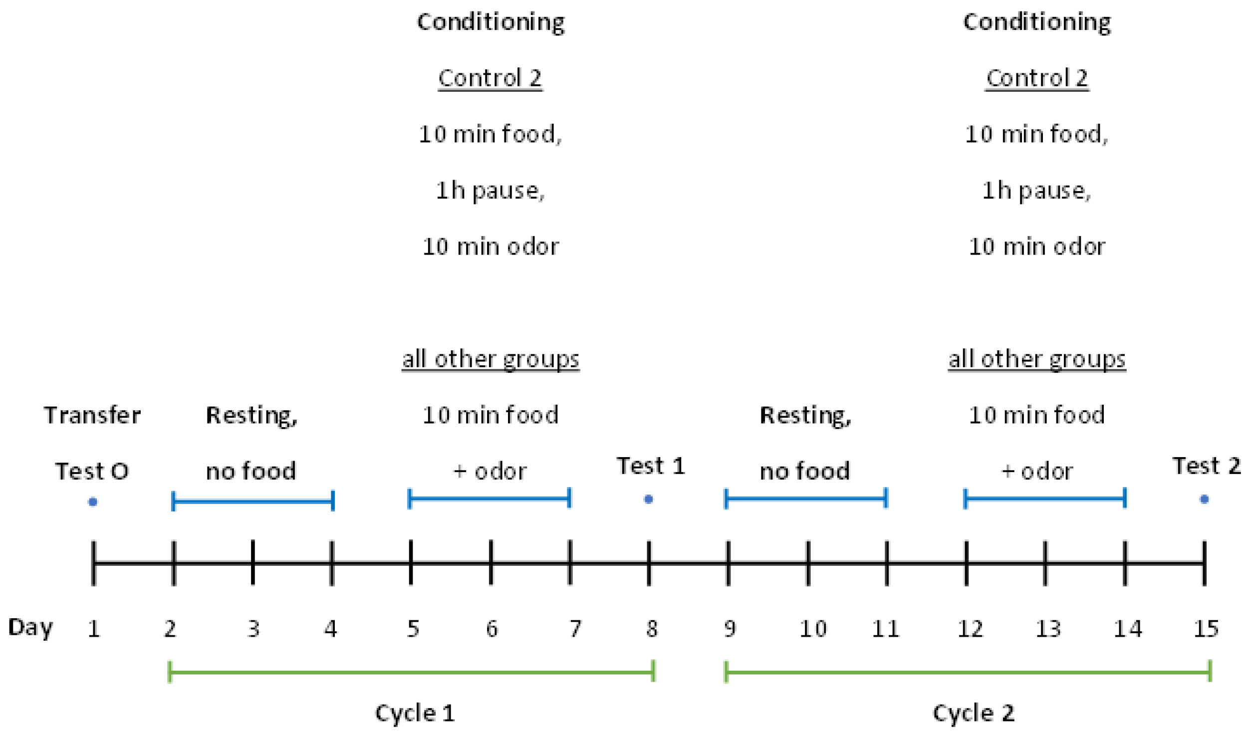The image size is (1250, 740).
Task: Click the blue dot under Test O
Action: click(x=92, y=501)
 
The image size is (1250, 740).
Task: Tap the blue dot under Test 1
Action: click(x=648, y=499)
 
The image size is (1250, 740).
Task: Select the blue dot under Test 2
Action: click(x=1204, y=499)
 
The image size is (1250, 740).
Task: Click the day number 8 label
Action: click(x=652, y=629)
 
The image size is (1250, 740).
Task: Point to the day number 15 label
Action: click(x=1206, y=629)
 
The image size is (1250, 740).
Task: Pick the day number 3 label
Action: click(x=253, y=629)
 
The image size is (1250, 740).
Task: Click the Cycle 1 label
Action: click(x=415, y=713)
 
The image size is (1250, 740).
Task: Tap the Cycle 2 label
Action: click(x=974, y=713)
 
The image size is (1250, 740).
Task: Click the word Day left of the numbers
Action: click(x=30, y=628)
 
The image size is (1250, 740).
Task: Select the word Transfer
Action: click(x=92, y=415)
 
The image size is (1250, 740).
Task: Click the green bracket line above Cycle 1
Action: click(x=412, y=672)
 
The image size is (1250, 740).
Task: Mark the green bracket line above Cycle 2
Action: click(x=968, y=672)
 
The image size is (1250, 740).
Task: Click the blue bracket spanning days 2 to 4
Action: click(x=252, y=501)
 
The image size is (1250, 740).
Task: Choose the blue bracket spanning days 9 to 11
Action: click(x=806, y=498)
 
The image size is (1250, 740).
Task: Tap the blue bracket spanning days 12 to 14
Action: click(x=1045, y=498)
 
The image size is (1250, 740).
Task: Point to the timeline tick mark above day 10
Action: click(x=808, y=563)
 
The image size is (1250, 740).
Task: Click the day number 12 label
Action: click(x=970, y=629)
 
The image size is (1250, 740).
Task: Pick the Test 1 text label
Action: click(x=651, y=466)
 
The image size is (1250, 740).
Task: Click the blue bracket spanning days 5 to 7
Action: click(x=489, y=498)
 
